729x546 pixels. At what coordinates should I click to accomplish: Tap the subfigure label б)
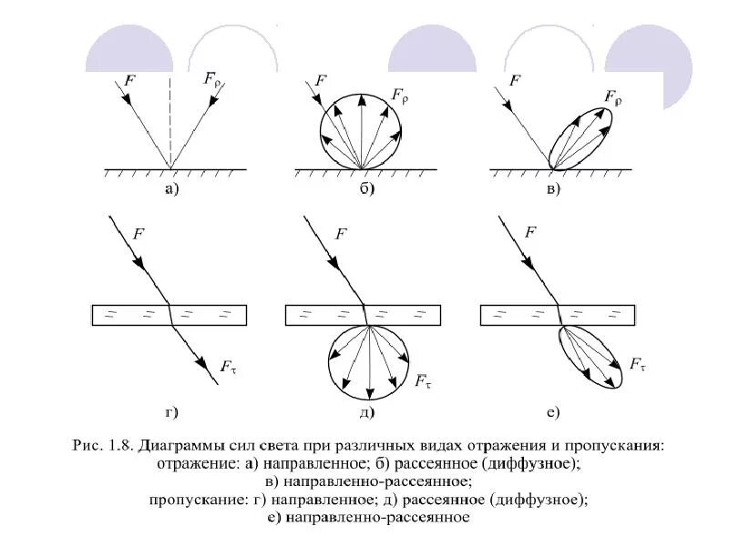point(367,189)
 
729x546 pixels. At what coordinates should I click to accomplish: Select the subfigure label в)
point(553,189)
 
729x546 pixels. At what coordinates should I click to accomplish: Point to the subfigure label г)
point(171,412)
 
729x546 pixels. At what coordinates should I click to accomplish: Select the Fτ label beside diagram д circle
point(423,381)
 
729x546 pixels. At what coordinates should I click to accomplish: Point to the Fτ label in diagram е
point(638,365)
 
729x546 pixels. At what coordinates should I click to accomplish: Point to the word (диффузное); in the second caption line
point(529,463)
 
